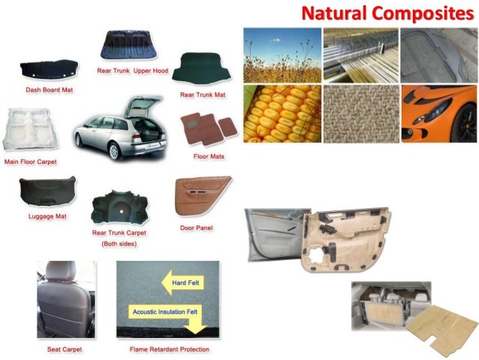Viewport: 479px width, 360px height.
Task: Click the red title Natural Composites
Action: pos(388,13)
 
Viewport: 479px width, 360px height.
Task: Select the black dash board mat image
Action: pos(48,70)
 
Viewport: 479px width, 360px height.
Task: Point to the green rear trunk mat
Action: pos(203,68)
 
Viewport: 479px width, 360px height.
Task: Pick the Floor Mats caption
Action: pos(209,156)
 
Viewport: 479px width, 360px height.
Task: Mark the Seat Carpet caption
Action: pos(65,349)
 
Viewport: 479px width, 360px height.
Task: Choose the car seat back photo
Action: pos(65,299)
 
